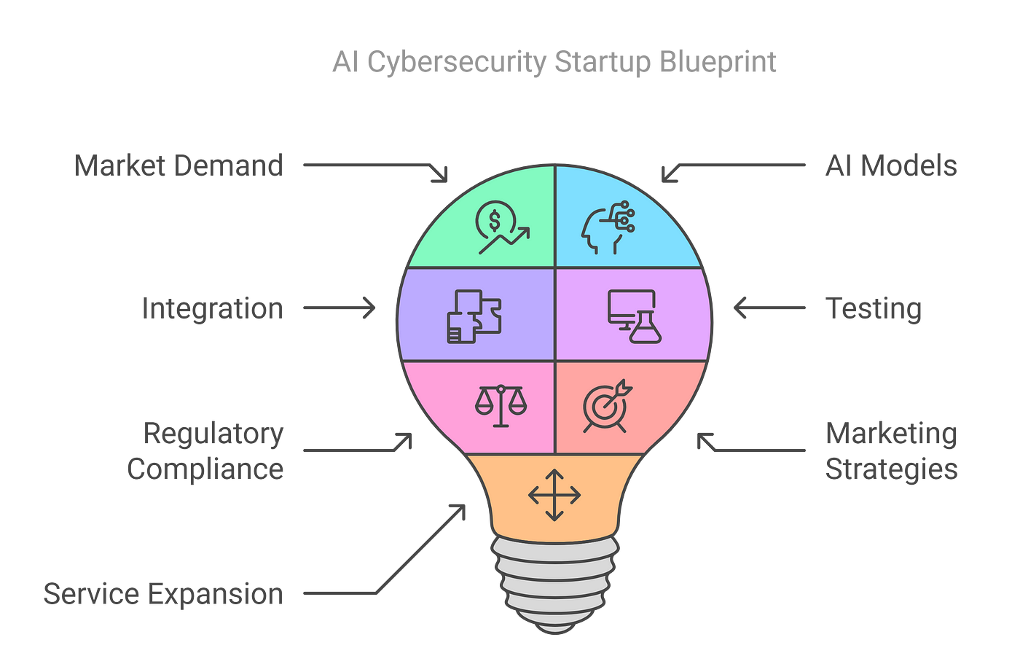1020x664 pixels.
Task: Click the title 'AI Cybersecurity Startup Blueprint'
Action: click(554, 63)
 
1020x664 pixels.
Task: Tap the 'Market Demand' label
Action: click(178, 166)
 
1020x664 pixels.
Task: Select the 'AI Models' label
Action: click(890, 166)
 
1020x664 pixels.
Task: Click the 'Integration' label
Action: click(212, 308)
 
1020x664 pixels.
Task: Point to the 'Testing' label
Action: click(874, 308)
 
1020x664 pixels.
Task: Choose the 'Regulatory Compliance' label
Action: click(205, 451)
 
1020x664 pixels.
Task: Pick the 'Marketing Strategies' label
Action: click(891, 451)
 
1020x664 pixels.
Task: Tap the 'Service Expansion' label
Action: click(163, 594)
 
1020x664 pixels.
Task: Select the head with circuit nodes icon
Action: click(608, 227)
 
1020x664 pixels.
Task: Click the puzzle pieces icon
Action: click(474, 316)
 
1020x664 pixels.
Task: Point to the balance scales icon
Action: click(501, 405)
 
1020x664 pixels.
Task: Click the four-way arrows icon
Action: click(554, 496)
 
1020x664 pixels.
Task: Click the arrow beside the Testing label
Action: click(769, 308)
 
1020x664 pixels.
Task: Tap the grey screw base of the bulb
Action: click(555, 583)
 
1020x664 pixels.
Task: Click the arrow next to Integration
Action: click(340, 308)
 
